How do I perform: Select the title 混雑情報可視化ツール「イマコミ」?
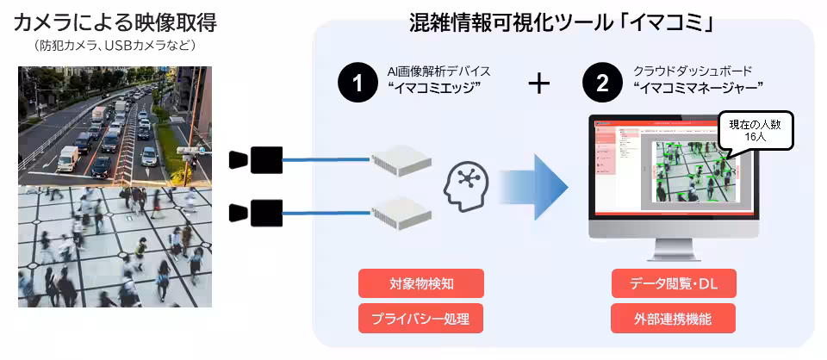coord(563,23)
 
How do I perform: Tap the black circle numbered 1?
coord(356,84)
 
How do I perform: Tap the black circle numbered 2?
coord(601,84)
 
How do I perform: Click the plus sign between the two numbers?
coord(538,84)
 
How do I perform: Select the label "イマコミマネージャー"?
coord(698,88)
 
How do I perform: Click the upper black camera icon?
coord(256,159)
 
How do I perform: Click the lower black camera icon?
coord(256,211)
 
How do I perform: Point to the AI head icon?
coord(469,189)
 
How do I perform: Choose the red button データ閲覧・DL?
coord(674,283)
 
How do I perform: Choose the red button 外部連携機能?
coord(674,319)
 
